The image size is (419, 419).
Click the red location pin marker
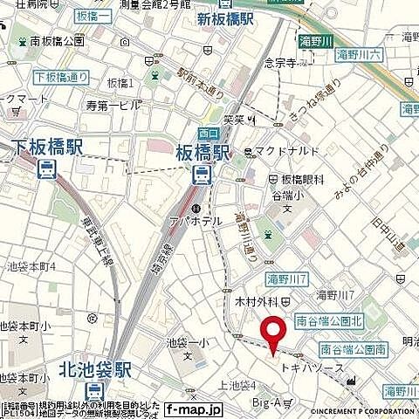(x=274, y=335)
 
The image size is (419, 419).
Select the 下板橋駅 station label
(x=47, y=147)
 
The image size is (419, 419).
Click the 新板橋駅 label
(x=225, y=18)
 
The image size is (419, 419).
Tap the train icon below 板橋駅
(x=202, y=174)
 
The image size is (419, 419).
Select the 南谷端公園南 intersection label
(x=354, y=349)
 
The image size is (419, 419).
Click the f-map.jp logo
(x=194, y=409)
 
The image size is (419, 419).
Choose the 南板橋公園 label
(x=57, y=40)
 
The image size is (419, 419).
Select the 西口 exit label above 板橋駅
(x=208, y=133)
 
